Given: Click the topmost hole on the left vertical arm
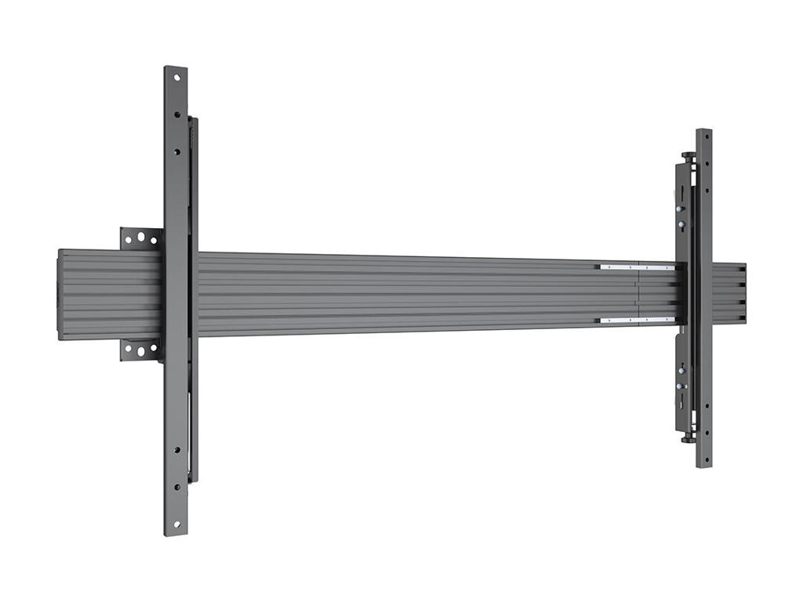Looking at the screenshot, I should (176, 78).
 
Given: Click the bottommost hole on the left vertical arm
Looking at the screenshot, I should (176, 524).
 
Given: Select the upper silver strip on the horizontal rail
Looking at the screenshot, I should (636, 267).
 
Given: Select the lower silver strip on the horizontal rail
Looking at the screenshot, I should (636, 320).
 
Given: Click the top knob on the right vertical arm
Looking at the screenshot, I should (688, 155).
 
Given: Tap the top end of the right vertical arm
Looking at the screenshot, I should (703, 133).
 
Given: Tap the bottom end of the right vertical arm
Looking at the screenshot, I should (703, 463).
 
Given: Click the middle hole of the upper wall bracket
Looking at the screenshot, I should (141, 237).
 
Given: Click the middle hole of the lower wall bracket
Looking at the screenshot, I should (141, 350).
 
